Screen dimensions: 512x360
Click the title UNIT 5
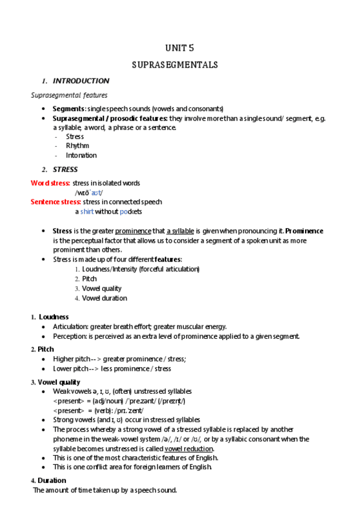tap(179, 48)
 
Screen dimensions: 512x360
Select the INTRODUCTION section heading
tap(81, 81)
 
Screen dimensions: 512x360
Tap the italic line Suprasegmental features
tap(69, 95)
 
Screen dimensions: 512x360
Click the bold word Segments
tap(68, 109)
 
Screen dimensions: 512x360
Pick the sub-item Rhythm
tap(77, 146)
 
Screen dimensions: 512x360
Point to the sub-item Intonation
tap(81, 155)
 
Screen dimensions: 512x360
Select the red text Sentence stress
tap(56, 202)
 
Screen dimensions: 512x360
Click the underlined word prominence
tap(133, 231)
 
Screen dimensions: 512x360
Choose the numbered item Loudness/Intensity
tap(140, 269)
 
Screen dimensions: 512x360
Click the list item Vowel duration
tap(104, 298)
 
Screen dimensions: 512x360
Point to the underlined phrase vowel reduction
tap(188, 449)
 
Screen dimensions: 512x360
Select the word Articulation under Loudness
tap(71, 327)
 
